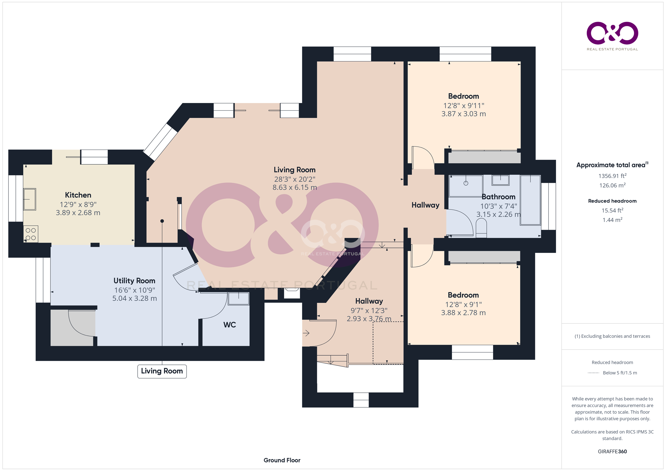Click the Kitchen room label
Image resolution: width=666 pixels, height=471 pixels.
(78, 195)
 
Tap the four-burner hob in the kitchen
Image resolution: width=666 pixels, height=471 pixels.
(31, 234)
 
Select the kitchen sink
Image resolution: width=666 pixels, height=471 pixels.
(30, 199)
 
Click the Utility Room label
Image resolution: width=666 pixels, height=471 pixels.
(134, 281)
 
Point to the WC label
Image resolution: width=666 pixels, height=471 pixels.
(229, 325)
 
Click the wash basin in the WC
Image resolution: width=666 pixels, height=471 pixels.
(239, 299)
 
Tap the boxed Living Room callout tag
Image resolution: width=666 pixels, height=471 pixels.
(162, 371)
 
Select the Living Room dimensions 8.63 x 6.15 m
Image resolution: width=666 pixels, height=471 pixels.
(294, 187)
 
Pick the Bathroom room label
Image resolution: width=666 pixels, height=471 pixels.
(499, 197)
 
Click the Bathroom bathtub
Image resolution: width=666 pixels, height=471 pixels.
(530, 200)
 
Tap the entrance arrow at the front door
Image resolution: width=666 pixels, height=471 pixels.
(306, 333)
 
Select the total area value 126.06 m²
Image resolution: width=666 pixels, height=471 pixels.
(612, 185)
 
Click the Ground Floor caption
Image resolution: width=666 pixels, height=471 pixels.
(282, 460)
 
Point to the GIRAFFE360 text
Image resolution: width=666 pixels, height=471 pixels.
(612, 451)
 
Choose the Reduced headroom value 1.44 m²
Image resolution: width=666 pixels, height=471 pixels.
(612, 220)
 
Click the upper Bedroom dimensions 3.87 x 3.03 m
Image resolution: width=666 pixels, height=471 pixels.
(464, 114)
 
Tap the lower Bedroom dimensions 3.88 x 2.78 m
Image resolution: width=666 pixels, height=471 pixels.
(463, 313)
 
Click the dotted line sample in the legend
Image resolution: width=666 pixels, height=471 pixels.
(593, 373)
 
